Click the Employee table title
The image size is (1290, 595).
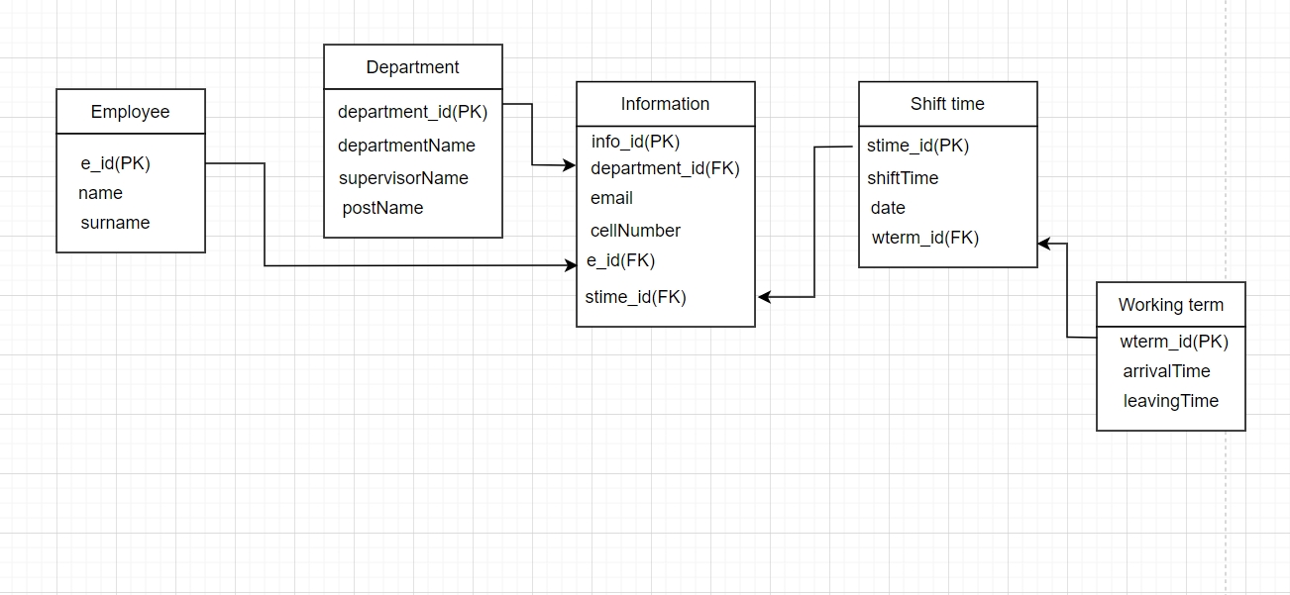[130, 112]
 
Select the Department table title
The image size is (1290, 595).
[412, 67]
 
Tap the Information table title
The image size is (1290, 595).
[665, 104]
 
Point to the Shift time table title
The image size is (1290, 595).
[947, 104]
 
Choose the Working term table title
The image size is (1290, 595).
[1170, 305]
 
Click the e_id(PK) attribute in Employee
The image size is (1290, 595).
[115, 163]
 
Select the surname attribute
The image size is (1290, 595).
[115, 223]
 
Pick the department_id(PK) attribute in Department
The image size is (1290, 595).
[412, 112]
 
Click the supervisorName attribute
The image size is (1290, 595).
[403, 178]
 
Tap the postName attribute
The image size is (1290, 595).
[382, 208]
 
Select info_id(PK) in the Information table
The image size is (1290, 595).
[635, 142]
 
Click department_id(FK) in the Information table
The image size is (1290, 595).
[665, 168]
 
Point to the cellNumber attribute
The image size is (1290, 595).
[635, 231]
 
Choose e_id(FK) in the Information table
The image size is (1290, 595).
[620, 260]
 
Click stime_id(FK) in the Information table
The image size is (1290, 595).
[635, 297]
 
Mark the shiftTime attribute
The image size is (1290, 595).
[903, 178]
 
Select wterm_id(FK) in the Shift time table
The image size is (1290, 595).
[924, 238]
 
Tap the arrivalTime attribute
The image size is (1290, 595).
[1166, 371]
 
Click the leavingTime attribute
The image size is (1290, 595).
[1170, 401]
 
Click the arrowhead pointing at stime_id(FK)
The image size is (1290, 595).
[765, 297]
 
